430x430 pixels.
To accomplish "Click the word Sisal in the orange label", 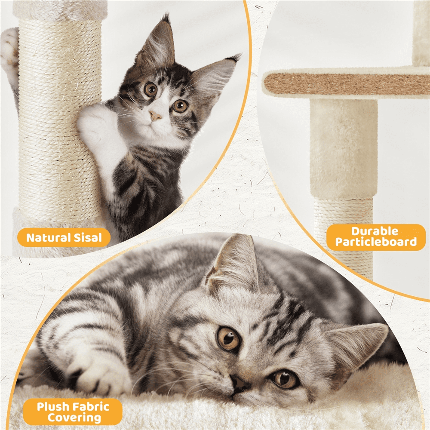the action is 85,237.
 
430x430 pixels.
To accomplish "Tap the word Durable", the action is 375,231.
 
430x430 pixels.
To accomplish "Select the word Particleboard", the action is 376,242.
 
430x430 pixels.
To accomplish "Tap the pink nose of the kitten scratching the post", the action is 155,116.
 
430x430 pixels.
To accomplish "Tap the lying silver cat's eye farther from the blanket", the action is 228,339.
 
